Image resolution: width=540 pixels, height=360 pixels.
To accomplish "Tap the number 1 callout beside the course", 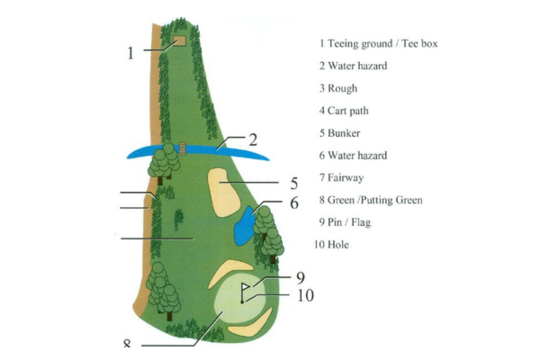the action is (x=130, y=52).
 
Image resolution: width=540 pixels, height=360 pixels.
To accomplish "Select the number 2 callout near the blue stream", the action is (x=254, y=139).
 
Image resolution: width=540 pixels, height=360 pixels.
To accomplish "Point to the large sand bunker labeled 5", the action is (x=226, y=188).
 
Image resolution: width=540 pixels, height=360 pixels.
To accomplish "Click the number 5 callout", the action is (x=293, y=183).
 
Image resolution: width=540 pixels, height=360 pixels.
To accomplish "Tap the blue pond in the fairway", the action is (x=244, y=225).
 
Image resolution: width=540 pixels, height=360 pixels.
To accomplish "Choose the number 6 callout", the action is (x=293, y=202).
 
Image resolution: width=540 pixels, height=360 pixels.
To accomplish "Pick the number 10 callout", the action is (x=305, y=294).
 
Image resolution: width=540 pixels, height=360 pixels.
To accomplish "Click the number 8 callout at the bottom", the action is (x=127, y=345).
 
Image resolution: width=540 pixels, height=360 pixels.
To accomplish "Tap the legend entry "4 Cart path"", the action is (x=344, y=111).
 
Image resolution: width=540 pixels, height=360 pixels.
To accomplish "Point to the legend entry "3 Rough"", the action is (x=338, y=88).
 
